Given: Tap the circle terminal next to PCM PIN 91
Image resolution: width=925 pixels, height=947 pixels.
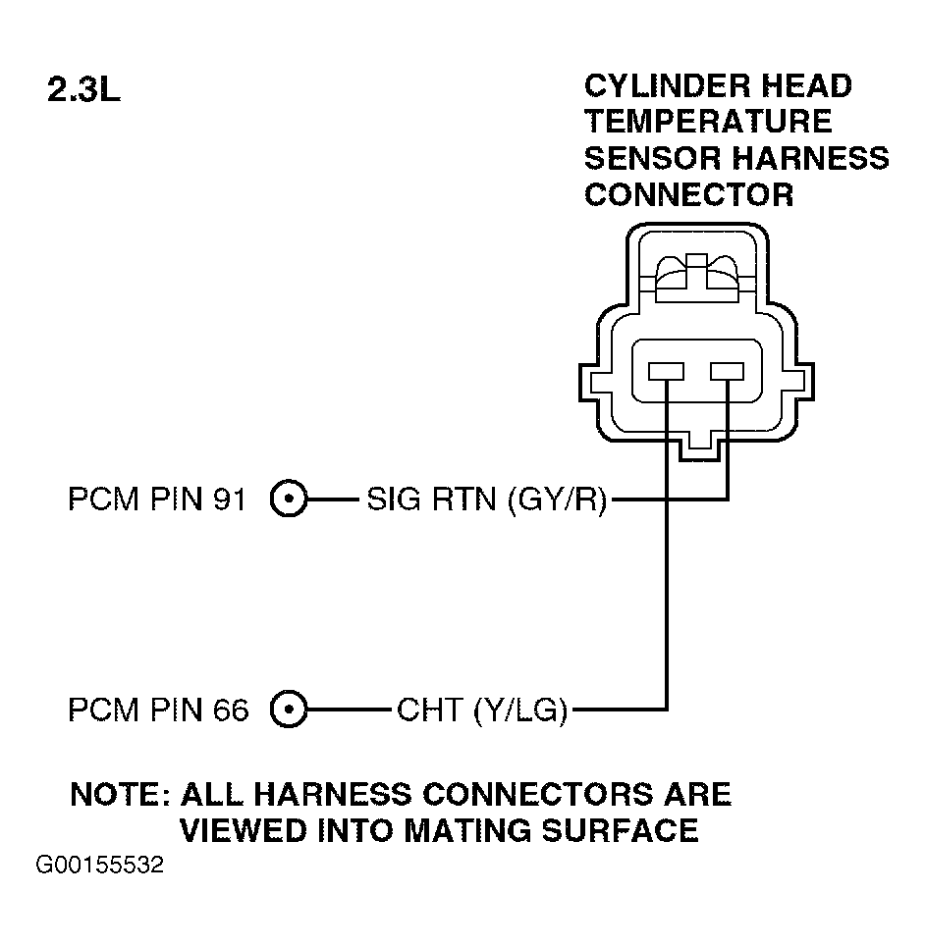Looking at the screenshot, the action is coord(289,499).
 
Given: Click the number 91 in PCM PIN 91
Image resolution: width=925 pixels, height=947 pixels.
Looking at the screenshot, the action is coord(230,500).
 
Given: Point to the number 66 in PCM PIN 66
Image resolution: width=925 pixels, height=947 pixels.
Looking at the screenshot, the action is coord(230,710).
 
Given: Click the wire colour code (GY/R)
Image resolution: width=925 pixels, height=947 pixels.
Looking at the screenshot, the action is coord(557,500).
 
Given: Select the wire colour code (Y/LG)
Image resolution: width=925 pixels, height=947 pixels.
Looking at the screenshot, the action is coord(520,710).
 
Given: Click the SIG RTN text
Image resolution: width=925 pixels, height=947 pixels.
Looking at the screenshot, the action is coord(431,500).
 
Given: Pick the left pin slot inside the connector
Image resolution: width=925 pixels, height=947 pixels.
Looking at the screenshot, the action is coord(666,371).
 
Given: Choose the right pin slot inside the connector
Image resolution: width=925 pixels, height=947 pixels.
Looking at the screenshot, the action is coord(727,371).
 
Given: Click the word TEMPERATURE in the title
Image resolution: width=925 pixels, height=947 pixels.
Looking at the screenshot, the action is coord(708,122).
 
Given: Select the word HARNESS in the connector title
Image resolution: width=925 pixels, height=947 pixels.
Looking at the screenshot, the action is coord(811,158).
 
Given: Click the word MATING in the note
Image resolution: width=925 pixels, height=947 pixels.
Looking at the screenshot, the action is coord(467,830).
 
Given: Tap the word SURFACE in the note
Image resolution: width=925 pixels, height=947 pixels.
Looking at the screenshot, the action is coord(620,830).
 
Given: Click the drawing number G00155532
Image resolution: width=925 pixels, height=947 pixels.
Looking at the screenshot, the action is coord(100,865).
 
